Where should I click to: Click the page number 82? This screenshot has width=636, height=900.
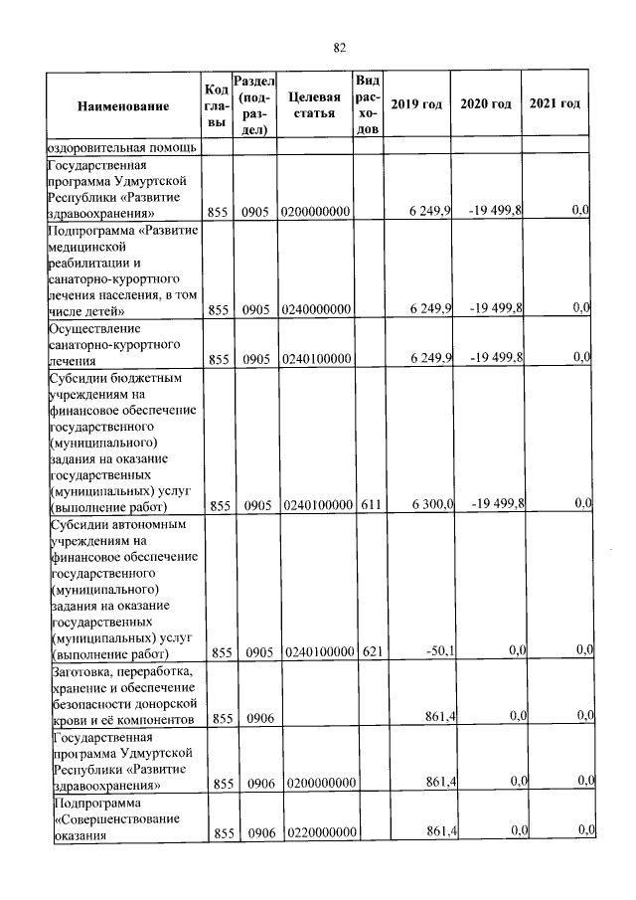(x=339, y=47)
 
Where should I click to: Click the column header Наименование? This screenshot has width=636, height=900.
(x=122, y=105)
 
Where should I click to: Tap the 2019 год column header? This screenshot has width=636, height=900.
(x=416, y=105)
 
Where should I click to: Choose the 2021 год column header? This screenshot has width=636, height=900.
(x=556, y=105)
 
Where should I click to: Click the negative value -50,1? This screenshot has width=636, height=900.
(x=438, y=652)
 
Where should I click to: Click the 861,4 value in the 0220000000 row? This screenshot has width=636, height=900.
(x=439, y=831)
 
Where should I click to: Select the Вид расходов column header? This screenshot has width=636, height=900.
(x=367, y=105)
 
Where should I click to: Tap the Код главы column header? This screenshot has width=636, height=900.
(x=217, y=105)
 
